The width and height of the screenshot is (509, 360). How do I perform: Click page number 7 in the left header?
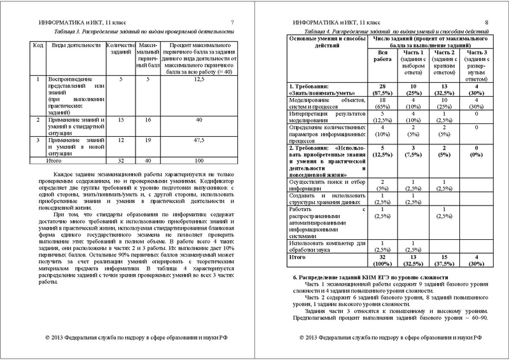(232, 22)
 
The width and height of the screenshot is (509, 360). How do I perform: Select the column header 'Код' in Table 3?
(38, 47)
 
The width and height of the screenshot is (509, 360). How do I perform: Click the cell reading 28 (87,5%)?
(384, 90)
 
